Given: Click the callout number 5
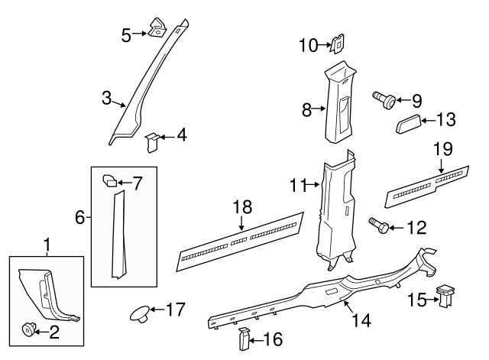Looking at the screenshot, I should tap(126, 34).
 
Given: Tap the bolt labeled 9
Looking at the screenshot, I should tap(384, 99).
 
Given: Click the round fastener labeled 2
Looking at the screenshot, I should tap(30, 329).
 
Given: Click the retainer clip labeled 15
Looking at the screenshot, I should tap(444, 296).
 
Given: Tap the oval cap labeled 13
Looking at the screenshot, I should tap(410, 122).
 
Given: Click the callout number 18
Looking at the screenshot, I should tap(241, 207).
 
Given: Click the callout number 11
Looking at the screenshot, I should tap(298, 184).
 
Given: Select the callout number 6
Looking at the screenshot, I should tap(80, 218).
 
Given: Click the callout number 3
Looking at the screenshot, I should tap(107, 99).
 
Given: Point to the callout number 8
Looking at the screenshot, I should tap(307, 109).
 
